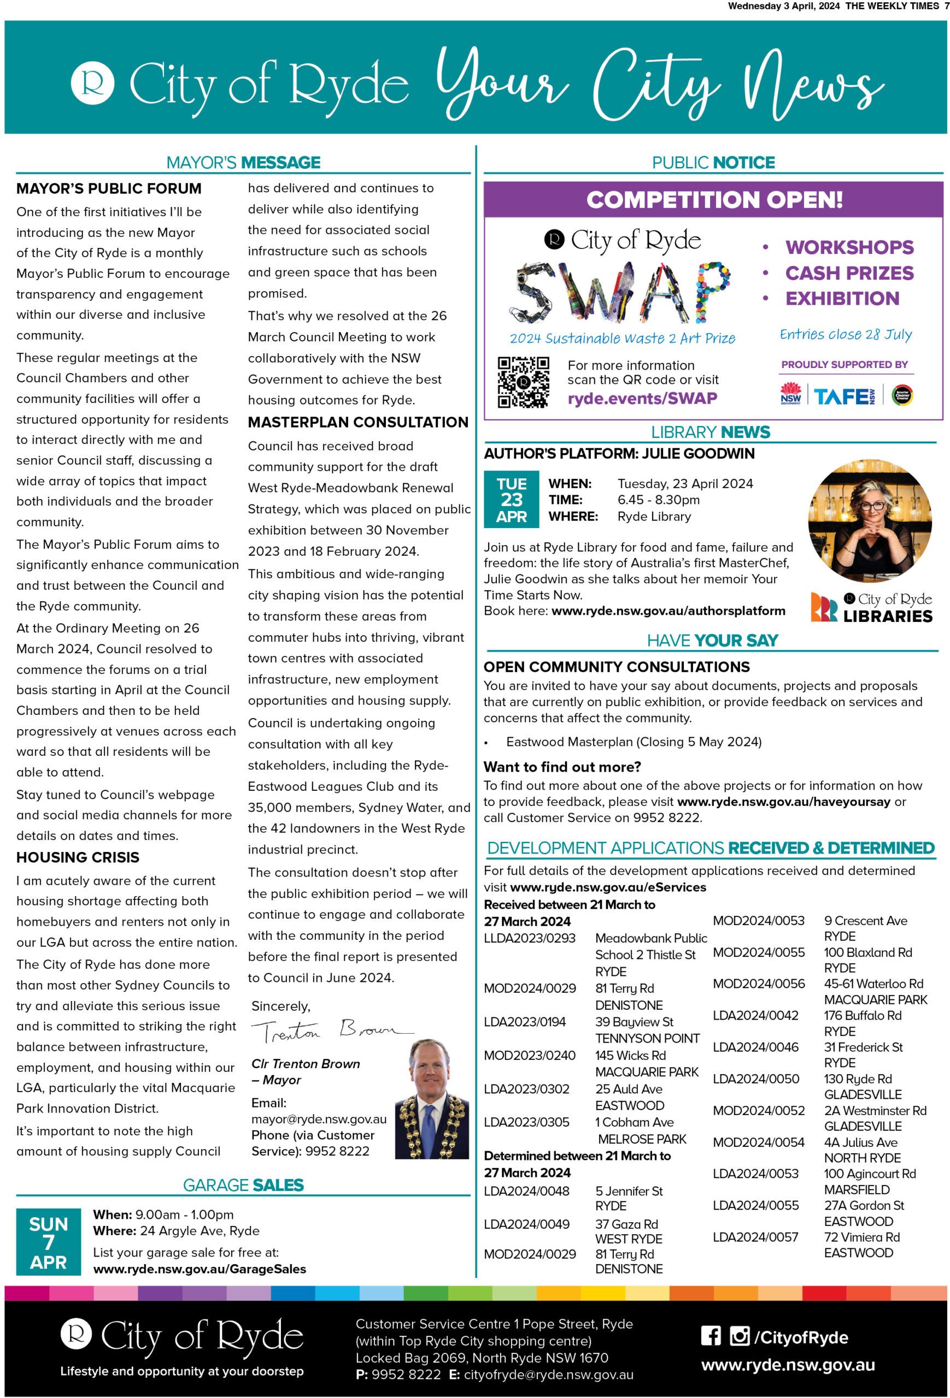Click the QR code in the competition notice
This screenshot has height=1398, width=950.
tap(523, 382)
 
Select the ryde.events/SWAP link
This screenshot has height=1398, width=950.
tap(642, 398)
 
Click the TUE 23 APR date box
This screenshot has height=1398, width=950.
tap(511, 499)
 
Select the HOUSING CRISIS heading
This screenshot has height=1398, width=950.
tap(78, 857)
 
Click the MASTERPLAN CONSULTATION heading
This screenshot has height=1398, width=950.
tap(357, 422)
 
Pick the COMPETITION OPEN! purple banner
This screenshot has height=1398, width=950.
tap(713, 200)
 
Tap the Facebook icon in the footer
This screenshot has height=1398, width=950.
tap(711, 1336)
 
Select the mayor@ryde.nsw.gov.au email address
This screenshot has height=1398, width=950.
tap(319, 1119)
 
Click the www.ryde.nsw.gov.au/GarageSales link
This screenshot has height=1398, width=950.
tap(200, 1269)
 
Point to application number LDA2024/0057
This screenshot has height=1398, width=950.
tap(755, 1237)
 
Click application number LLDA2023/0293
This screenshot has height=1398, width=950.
tap(529, 938)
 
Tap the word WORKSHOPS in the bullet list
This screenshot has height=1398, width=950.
tap(849, 247)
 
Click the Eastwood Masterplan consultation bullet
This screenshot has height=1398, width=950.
tap(634, 742)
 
